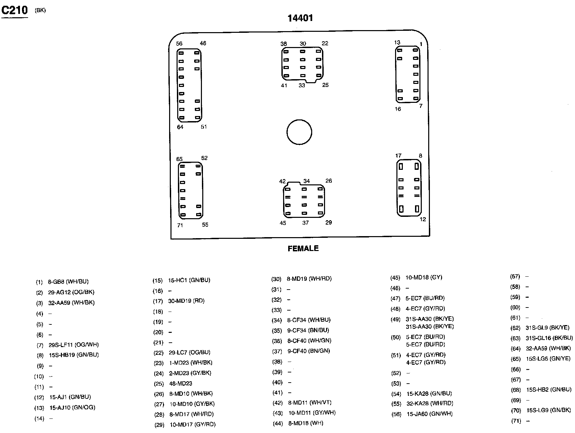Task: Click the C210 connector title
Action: (15, 10)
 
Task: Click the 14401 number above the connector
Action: (300, 18)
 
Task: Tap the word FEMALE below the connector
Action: (303, 249)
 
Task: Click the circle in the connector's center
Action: (299, 132)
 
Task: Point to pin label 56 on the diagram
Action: (179, 44)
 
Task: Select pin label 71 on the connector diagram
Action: (180, 225)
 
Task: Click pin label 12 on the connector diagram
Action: (423, 219)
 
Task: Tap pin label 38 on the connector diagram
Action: (283, 44)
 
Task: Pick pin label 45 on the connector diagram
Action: (283, 223)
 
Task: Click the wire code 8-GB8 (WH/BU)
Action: (68, 281)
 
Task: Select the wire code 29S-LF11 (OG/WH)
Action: (73, 345)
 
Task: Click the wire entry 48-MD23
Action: (181, 384)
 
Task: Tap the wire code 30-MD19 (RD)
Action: (186, 301)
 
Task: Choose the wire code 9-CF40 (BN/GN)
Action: (309, 351)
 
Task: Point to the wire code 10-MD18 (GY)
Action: (424, 277)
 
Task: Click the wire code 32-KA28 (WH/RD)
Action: (430, 403)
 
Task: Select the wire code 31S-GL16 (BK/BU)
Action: (549, 338)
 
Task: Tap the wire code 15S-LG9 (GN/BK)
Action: (549, 411)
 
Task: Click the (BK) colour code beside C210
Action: (40, 10)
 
